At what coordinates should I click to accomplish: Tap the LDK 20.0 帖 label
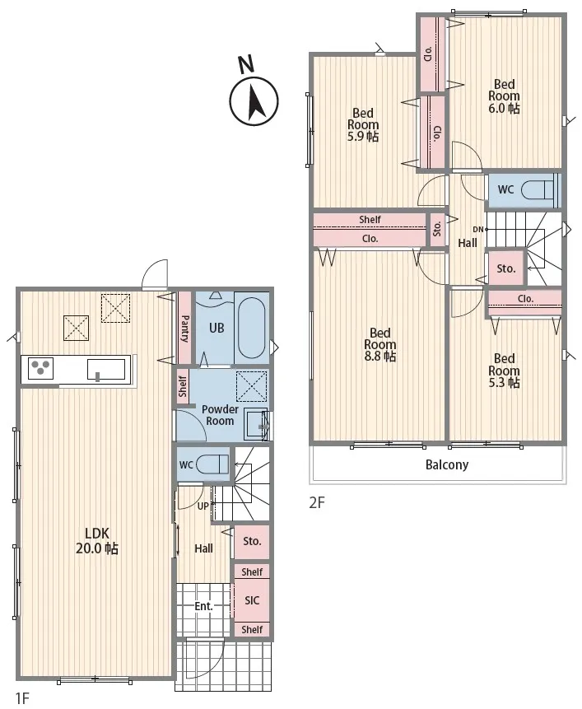point(97,541)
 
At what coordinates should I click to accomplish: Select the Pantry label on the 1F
point(185,329)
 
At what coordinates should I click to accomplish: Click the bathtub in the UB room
point(252,328)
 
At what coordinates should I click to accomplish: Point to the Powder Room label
point(220,415)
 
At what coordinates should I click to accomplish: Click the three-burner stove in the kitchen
point(40,368)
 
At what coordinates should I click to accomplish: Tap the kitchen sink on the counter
point(106,369)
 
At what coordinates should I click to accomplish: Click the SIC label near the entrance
point(252,600)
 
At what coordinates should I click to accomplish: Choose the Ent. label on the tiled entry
point(203,606)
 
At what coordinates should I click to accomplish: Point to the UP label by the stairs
point(203,506)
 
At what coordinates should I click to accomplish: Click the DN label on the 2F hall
point(478,229)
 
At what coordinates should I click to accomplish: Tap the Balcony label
point(447,464)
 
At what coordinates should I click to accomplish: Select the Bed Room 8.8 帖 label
point(380,344)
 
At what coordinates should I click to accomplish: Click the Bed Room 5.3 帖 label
point(504,371)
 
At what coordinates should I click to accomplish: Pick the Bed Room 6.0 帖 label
point(504,96)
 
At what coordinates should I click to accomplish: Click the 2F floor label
point(317,502)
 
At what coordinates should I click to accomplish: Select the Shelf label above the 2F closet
point(370,219)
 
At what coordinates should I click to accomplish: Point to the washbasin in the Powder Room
point(257,424)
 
